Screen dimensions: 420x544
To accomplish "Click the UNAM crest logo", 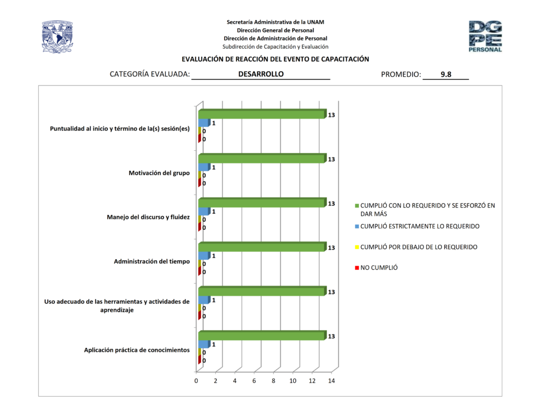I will [x=57, y=37].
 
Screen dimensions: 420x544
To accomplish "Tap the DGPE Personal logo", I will [x=485, y=36].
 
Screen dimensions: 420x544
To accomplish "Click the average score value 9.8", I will [x=446, y=75].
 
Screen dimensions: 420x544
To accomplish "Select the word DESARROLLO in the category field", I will [x=261, y=74].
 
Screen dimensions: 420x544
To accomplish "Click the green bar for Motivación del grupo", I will [x=261, y=159].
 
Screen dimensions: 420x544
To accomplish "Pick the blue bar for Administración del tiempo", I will [x=204, y=255].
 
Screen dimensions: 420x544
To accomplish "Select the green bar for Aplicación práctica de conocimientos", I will [x=261, y=336].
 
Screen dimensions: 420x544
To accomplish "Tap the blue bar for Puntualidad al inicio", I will [x=204, y=123].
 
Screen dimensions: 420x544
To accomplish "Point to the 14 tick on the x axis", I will [x=331, y=381].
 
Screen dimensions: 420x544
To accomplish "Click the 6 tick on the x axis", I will [x=254, y=381].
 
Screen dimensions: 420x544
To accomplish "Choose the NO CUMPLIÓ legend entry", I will [x=379, y=268].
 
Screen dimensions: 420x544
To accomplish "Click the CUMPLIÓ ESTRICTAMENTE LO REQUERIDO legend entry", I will [x=420, y=226].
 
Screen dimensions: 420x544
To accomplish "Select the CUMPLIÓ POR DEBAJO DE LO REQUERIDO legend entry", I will [x=419, y=247].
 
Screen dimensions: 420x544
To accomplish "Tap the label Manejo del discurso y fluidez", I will [x=148, y=217].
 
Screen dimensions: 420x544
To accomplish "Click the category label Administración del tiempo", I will [x=152, y=261].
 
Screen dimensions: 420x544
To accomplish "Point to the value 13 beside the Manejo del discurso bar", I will [x=331, y=203].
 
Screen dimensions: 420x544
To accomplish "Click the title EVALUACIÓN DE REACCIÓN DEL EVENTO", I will [x=275, y=59].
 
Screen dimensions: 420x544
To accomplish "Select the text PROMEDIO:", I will [x=401, y=75].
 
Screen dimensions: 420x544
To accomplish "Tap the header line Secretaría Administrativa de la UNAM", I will [x=275, y=22].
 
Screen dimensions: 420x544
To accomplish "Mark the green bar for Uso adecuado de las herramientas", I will [x=261, y=292].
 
